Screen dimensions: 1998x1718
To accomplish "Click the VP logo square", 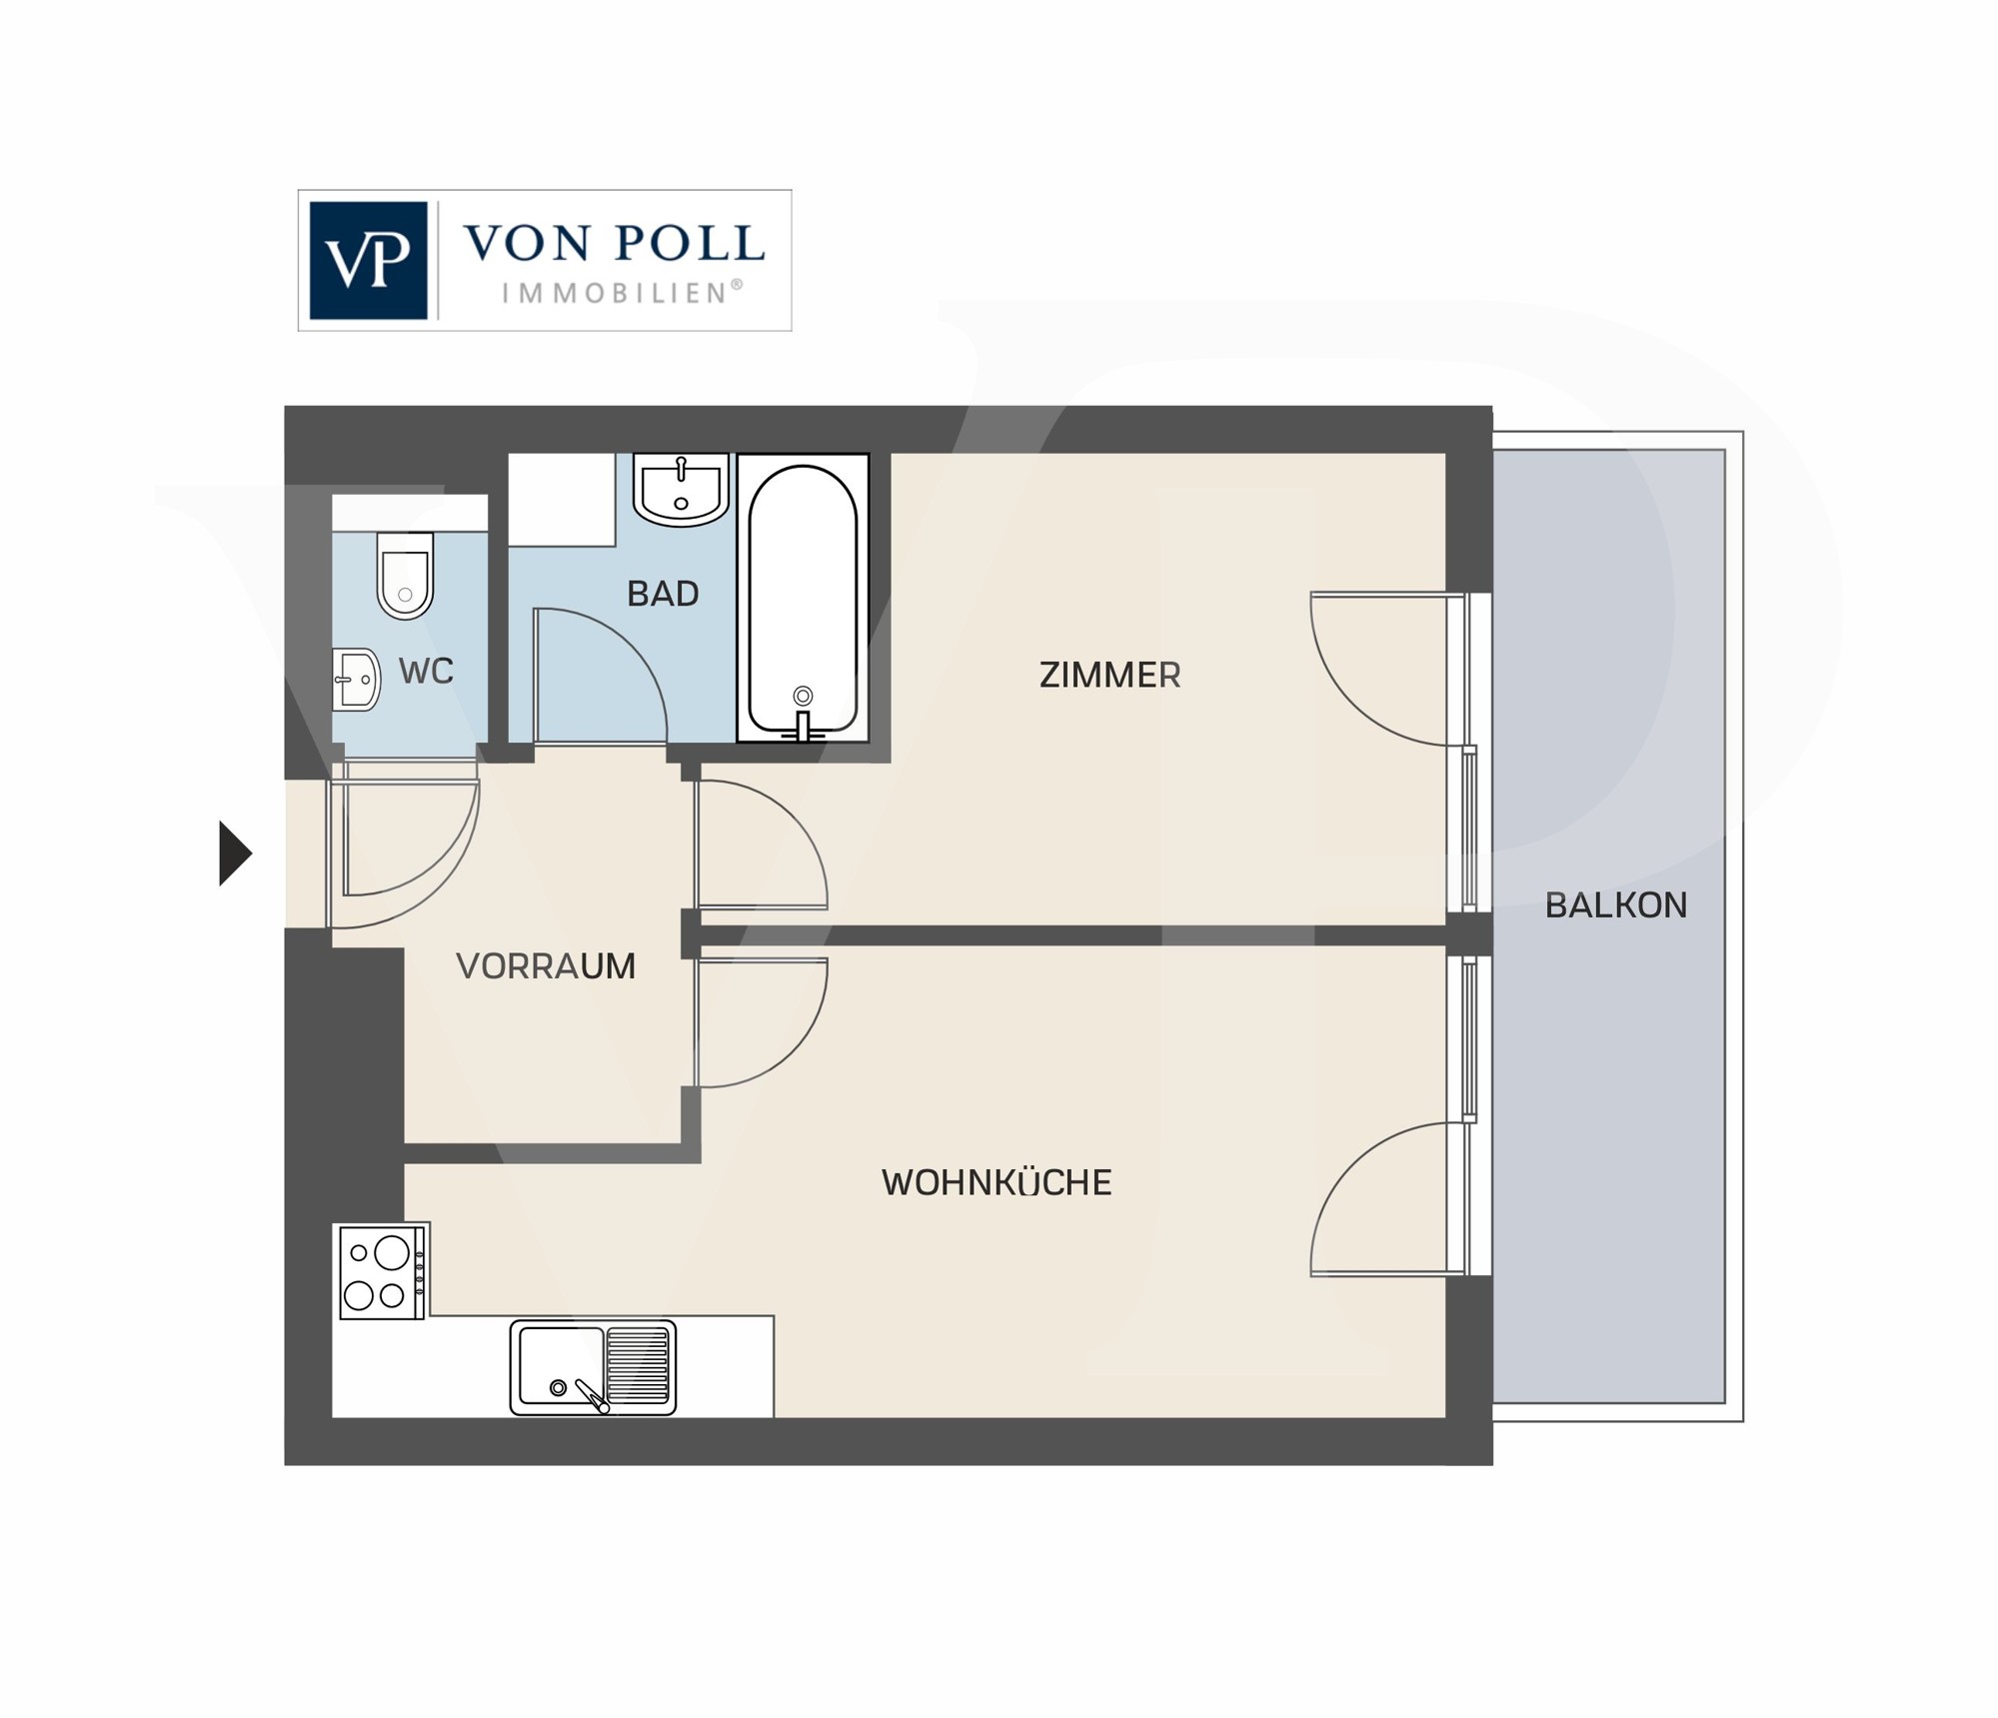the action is point(368,261).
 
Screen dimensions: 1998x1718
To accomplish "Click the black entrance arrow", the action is point(235,854).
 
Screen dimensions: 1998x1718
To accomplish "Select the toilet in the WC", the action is point(405,575).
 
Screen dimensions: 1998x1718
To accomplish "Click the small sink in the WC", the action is point(356,680).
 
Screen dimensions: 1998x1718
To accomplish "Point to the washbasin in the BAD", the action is point(682,490).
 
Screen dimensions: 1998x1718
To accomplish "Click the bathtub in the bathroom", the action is point(803,599).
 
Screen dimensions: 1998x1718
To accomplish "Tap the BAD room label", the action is point(663,594).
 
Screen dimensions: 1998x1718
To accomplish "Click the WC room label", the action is point(427,672).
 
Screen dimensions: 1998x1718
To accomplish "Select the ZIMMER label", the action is point(1110,676).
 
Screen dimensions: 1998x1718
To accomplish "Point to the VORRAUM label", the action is point(546,966).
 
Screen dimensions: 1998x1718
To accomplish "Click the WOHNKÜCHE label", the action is point(997,1182).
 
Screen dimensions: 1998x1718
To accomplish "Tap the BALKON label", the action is point(1616,905).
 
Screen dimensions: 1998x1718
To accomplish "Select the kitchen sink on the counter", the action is point(593,1367).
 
